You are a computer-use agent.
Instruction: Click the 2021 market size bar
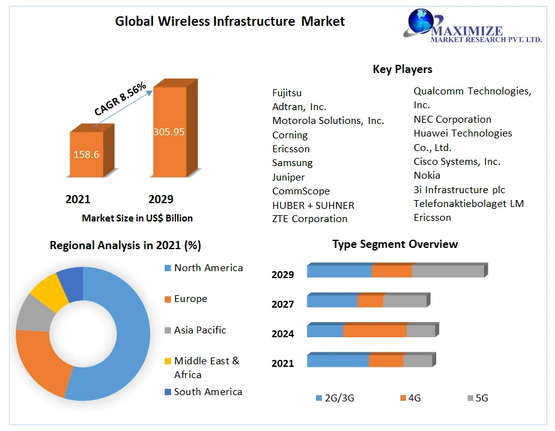click(86, 154)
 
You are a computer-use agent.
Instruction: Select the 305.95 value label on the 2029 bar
click(169, 132)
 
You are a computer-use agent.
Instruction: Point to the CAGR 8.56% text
click(120, 99)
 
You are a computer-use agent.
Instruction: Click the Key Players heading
click(402, 69)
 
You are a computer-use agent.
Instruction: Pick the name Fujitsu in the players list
click(287, 93)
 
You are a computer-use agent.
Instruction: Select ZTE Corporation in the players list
click(309, 219)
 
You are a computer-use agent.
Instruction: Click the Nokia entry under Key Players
click(427, 176)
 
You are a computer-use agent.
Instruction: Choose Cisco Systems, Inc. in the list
click(457, 162)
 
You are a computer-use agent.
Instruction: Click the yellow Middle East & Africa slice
click(49, 293)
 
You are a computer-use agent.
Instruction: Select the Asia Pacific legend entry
click(200, 330)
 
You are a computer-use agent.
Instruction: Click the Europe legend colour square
click(167, 299)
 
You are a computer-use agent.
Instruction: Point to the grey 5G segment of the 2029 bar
click(448, 271)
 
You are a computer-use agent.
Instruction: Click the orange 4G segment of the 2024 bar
click(375, 331)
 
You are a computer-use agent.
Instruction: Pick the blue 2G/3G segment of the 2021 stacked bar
click(338, 361)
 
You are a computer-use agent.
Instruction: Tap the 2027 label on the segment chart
click(283, 305)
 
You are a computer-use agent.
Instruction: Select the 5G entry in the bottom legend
click(478, 398)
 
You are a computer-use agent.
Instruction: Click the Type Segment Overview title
click(395, 244)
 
